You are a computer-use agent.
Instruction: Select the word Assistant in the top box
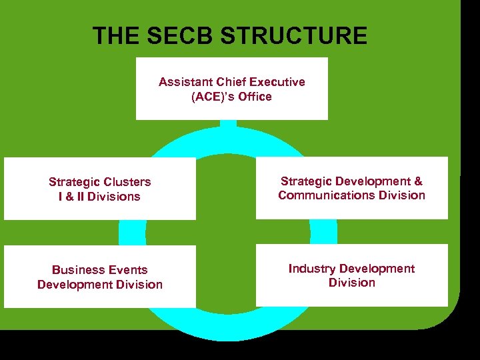[185, 82]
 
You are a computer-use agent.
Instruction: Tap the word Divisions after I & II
[114, 197]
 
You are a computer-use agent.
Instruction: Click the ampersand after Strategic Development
[418, 181]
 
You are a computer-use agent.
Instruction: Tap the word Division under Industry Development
[351, 283]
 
